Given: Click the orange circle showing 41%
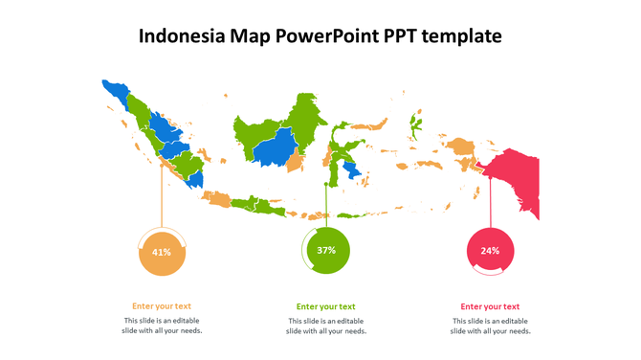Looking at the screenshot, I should tap(162, 252).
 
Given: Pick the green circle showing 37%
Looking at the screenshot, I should tap(326, 250).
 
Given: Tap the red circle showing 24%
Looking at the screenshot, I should tap(490, 250).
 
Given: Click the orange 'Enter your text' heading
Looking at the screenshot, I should tap(162, 306).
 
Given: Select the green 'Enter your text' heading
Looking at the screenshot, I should tap(325, 306).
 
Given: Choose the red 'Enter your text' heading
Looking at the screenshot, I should tap(490, 306).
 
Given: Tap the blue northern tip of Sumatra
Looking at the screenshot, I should tap(115, 92).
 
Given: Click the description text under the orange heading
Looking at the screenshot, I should tap(162, 326).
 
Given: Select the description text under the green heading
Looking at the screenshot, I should tap(325, 326).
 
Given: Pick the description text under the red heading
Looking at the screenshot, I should tap(490, 326).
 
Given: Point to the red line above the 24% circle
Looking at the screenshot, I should tap(491, 201).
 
